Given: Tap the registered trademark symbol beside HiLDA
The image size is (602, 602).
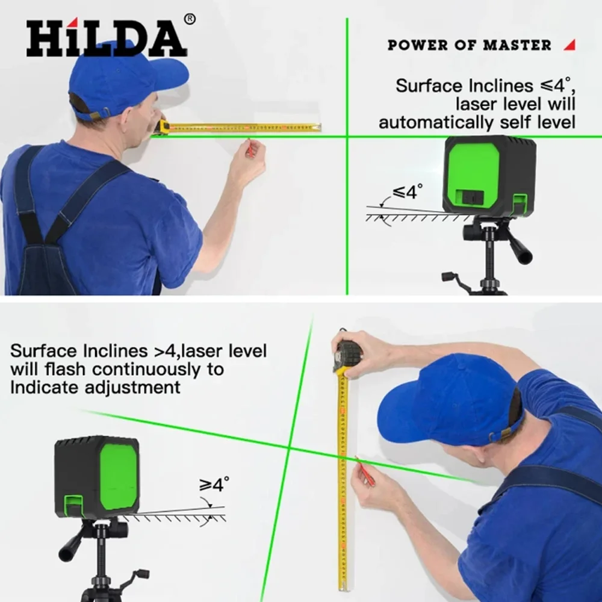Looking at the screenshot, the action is pos(190,19).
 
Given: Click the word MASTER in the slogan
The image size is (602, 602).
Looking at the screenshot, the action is pos(517,45).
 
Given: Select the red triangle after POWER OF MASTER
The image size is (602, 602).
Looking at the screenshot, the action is pos(569,45).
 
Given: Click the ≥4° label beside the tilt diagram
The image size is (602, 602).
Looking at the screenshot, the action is pos(214,484).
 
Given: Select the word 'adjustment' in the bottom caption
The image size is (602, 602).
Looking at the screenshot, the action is pos(132,387).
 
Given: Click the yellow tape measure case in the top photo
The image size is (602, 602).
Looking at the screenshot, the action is pos(164,126).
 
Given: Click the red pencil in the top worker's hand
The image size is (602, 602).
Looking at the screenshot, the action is pos(249,149).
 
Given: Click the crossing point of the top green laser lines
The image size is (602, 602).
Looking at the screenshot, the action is pos(347,136).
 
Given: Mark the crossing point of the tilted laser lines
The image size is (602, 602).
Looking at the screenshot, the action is pos(289,448).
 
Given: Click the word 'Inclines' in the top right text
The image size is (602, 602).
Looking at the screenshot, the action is pos(500,85).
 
